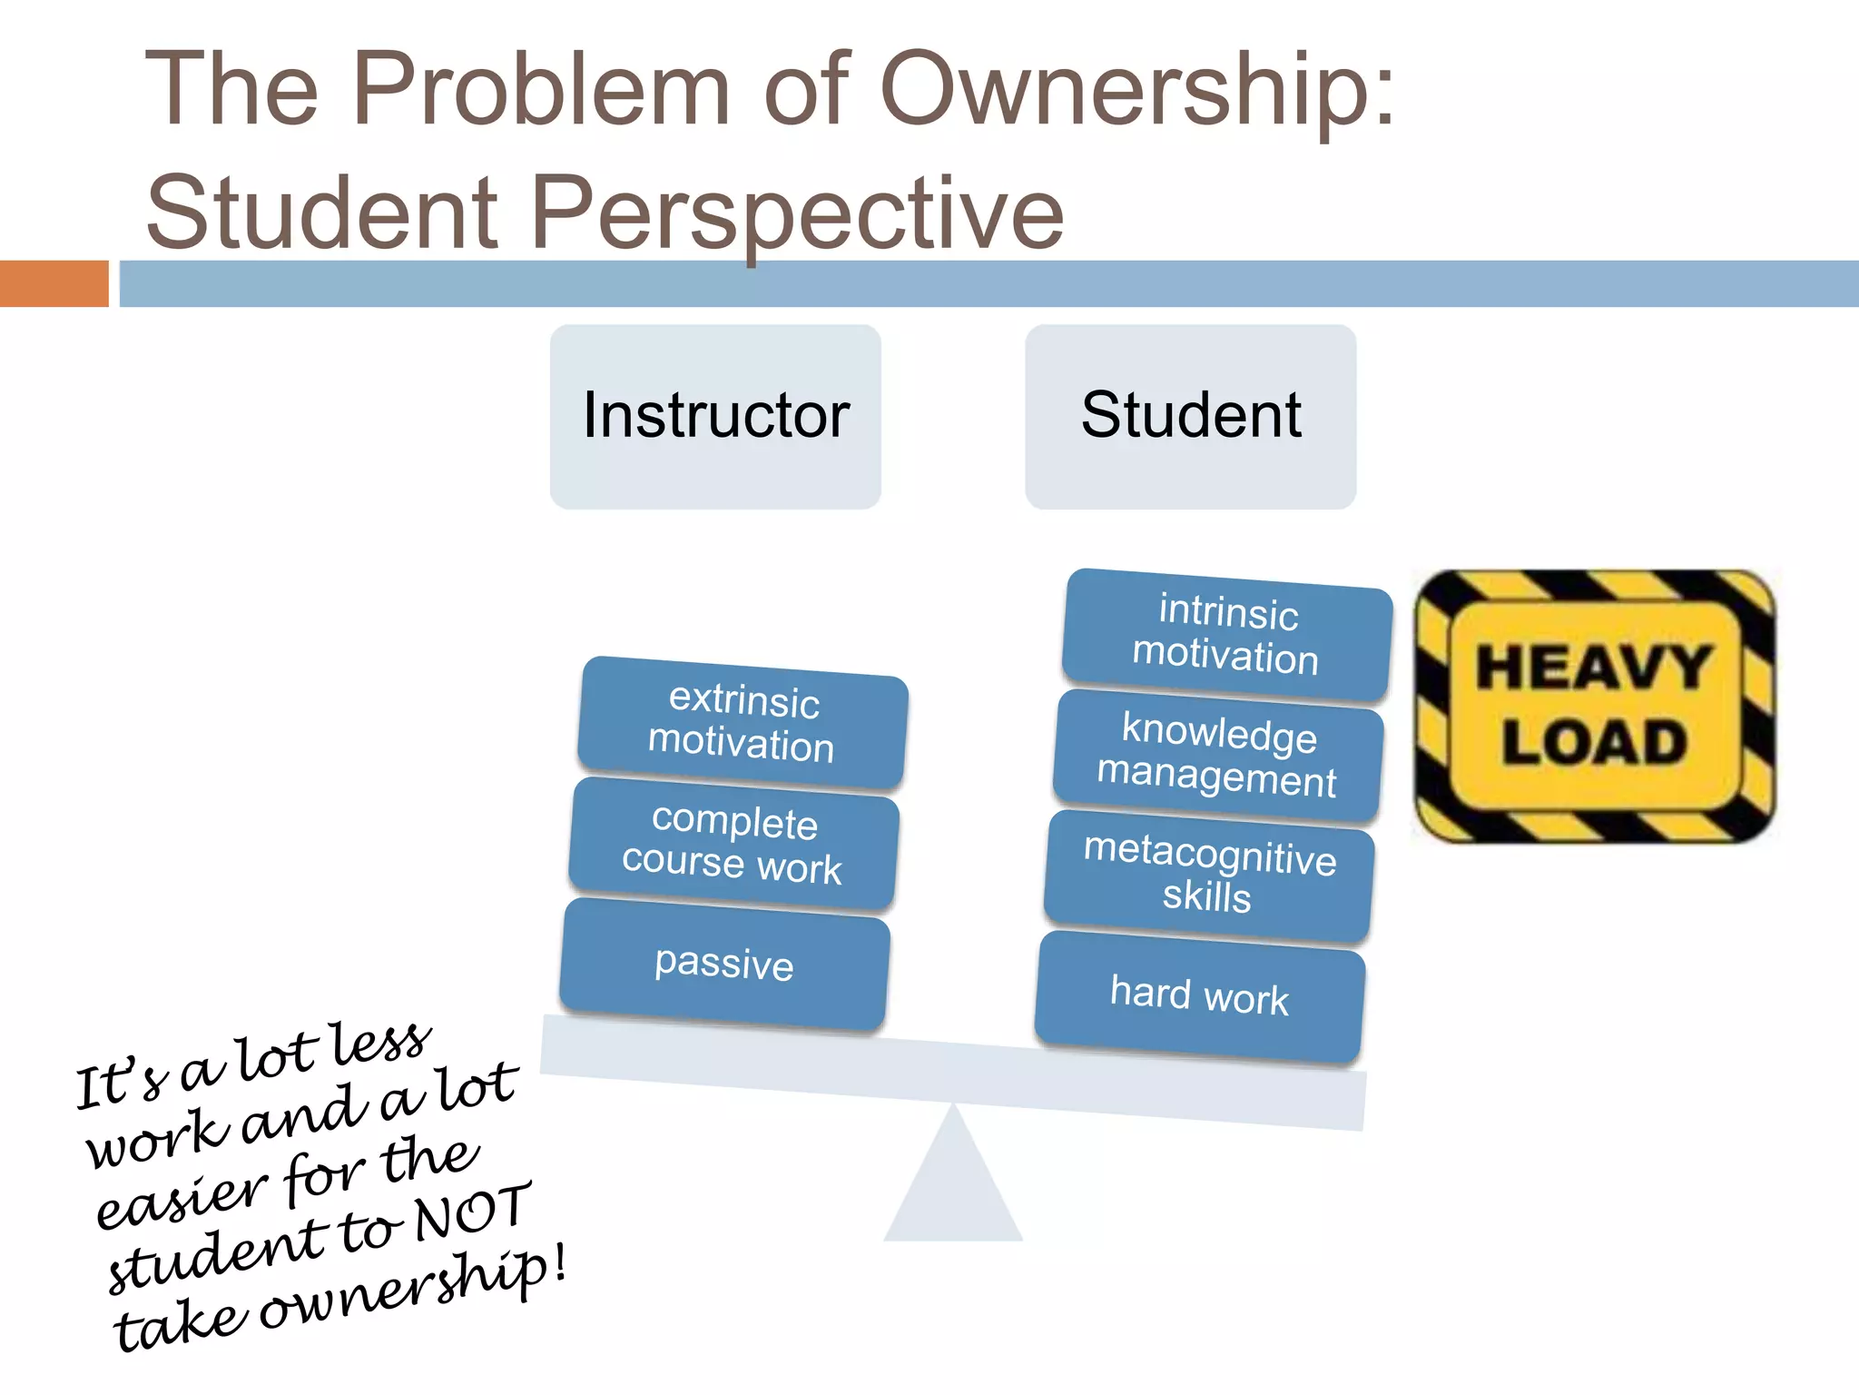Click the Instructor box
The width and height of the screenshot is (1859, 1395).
pyautogui.click(x=715, y=417)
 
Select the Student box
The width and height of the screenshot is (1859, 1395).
pyautogui.click(x=1190, y=417)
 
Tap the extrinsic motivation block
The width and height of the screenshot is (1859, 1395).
pyautogui.click(x=743, y=723)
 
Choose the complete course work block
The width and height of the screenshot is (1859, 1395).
pyautogui.click(x=733, y=844)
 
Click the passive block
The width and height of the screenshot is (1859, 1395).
pyautogui.click(x=724, y=964)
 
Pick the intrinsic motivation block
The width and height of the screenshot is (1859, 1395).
pyautogui.click(x=1226, y=635)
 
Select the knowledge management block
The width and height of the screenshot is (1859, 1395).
pyautogui.click(x=1217, y=756)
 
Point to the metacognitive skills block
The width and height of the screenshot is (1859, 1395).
pyautogui.click(x=1209, y=876)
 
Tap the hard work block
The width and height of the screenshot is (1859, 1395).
pyautogui.click(x=1199, y=996)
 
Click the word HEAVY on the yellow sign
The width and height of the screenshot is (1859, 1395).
pyautogui.click(x=1593, y=668)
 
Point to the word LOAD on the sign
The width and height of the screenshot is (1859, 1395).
pyautogui.click(x=1594, y=742)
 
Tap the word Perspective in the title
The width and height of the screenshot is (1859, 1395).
pyautogui.click(x=796, y=213)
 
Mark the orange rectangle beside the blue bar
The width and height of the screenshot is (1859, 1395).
pyautogui.click(x=54, y=283)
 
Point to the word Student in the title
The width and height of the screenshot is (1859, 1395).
pyautogui.click(x=321, y=213)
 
